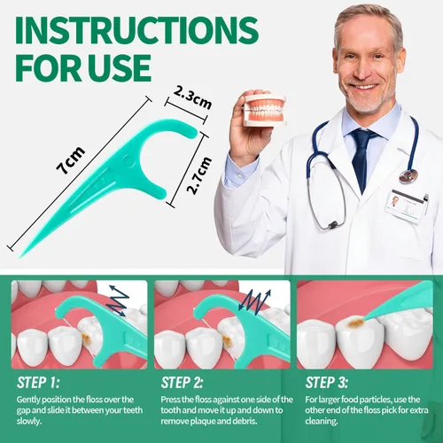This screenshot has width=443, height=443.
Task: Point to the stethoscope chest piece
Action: [x=408, y=175]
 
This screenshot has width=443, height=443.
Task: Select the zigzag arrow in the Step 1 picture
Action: [x=118, y=302]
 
